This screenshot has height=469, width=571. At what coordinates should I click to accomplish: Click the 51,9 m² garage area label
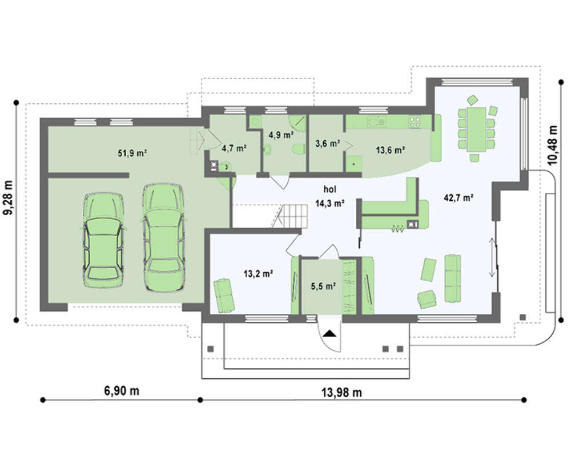point(132,153)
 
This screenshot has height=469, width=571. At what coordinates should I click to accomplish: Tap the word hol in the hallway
point(330,189)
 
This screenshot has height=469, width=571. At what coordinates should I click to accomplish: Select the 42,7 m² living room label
point(459,198)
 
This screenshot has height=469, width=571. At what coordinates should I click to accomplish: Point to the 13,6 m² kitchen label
point(391,149)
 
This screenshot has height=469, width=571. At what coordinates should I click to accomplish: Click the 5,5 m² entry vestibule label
point(323,286)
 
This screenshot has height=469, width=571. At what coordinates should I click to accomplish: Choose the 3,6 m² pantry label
point(327,144)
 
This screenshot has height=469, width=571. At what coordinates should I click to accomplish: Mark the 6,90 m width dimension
point(122,391)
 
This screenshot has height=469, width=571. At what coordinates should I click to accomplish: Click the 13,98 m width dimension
point(341,393)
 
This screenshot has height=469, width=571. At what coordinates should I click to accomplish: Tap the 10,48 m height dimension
point(553,145)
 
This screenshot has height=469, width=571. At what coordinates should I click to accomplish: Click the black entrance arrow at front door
point(330,334)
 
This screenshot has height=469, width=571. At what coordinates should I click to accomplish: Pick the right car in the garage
point(163,237)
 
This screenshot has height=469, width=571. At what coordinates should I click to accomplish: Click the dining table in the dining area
point(477,129)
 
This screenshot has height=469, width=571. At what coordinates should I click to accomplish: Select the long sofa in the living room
point(453,278)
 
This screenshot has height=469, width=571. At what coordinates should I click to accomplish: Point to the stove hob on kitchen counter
point(415,122)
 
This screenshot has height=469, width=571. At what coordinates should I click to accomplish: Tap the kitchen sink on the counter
point(376,122)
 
